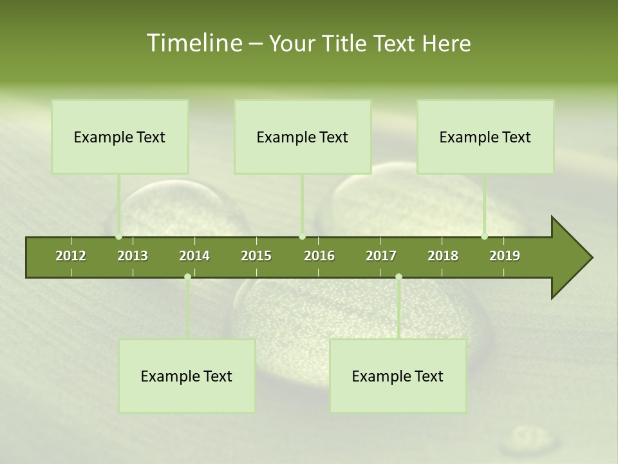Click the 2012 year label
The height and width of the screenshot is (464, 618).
click(71, 256)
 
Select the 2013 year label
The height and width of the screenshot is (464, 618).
click(133, 256)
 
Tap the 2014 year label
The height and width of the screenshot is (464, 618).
click(194, 256)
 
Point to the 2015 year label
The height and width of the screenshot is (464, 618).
click(256, 256)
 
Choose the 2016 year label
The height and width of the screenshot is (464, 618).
click(319, 256)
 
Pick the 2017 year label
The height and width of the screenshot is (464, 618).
click(381, 256)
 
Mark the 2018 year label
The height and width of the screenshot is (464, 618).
click(443, 256)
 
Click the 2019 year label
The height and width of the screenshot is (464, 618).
click(505, 256)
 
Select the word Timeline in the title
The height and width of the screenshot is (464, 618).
click(193, 43)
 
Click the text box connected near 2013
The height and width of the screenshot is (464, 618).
click(120, 137)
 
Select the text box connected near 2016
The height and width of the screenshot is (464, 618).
click(303, 137)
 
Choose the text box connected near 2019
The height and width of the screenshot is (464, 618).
click(485, 137)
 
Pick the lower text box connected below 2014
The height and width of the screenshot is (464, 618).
click(187, 376)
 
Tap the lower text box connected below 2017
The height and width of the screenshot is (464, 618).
click(398, 376)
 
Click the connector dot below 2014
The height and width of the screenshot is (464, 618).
click(187, 277)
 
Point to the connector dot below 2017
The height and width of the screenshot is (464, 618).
click(398, 277)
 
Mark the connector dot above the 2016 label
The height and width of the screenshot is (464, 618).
click(303, 236)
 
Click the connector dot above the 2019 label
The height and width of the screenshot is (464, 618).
click(484, 236)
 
